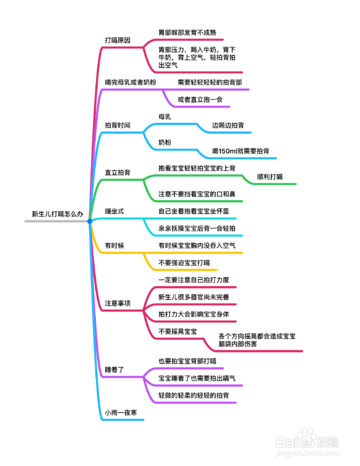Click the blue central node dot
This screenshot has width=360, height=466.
[x=90, y=221]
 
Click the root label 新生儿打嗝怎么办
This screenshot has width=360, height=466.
[x=58, y=214]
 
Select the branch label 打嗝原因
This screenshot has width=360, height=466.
[x=118, y=40]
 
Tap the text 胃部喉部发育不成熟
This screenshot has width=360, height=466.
[x=187, y=32]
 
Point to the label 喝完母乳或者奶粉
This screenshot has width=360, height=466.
[x=130, y=82]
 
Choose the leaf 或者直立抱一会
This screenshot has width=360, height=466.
[x=200, y=100]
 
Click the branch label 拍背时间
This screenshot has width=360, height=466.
[x=118, y=126]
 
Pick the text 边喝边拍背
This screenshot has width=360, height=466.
[x=228, y=126]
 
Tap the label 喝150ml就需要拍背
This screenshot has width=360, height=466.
[x=241, y=151]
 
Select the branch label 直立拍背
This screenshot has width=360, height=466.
[x=118, y=172]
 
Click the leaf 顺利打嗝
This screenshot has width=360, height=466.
[x=270, y=177]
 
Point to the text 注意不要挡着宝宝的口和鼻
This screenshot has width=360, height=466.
[x=197, y=194]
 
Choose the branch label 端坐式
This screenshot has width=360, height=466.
[x=115, y=211]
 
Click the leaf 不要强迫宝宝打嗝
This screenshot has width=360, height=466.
[x=184, y=263]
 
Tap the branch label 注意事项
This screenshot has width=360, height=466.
[x=118, y=303]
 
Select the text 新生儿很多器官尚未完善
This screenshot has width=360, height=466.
[x=193, y=297]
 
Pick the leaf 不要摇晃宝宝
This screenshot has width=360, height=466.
[x=178, y=331]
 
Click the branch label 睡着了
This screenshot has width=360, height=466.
[x=115, y=370]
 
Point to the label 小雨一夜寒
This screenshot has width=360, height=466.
[x=121, y=412]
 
